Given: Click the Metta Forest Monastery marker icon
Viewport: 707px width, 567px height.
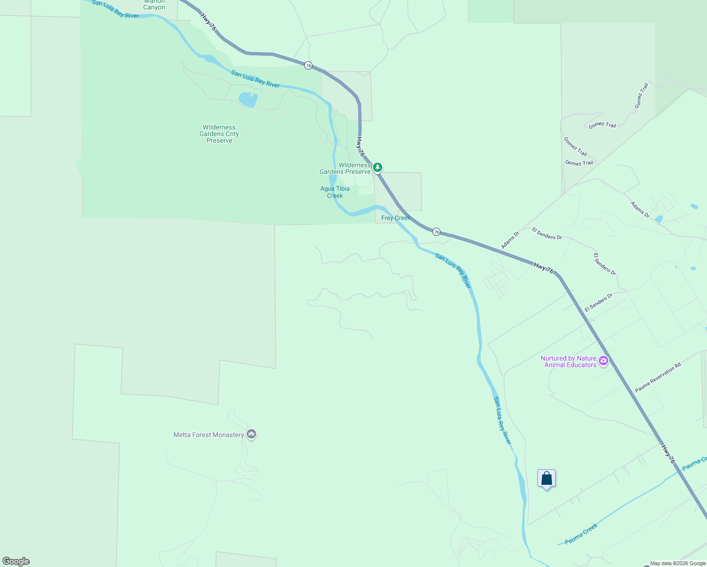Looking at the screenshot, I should tap(251, 434).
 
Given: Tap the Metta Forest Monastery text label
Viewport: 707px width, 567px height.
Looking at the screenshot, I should tap(208, 435).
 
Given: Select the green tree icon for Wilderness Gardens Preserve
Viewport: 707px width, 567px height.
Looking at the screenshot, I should tap(378, 167).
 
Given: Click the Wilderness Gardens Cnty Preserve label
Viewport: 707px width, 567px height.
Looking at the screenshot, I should tap(219, 134).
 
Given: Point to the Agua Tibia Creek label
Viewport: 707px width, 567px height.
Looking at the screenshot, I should tap(335, 192).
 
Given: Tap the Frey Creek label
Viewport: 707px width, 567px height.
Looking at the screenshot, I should tap(396, 218).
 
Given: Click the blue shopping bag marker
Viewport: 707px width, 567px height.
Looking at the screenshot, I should tap(546, 478).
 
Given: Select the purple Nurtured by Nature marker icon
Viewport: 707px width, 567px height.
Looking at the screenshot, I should tap(603, 361).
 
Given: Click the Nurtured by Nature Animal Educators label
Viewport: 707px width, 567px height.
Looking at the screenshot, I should tap(569, 361).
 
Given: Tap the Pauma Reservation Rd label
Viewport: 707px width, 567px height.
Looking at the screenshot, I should tap(658, 377).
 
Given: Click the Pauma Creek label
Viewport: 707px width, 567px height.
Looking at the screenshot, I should tap(581, 533).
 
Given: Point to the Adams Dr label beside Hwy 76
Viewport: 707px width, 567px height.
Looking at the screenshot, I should tap(510, 240).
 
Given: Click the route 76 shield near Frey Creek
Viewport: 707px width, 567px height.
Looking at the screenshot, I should tap(437, 232).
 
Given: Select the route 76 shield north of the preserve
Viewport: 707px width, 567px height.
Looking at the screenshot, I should tap(309, 66).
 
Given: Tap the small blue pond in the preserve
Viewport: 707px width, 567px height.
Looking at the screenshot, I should tap(248, 99).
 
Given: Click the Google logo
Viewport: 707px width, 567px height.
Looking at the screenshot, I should tap(16, 561).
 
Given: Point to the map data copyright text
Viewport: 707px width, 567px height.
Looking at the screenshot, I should tap(678, 563).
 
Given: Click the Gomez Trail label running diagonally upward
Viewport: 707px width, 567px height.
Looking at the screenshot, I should tap(641, 96).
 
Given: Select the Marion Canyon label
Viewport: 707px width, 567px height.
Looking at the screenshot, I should tap(155, 5).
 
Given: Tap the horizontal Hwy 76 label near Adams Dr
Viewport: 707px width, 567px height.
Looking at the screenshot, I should tap(543, 268).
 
